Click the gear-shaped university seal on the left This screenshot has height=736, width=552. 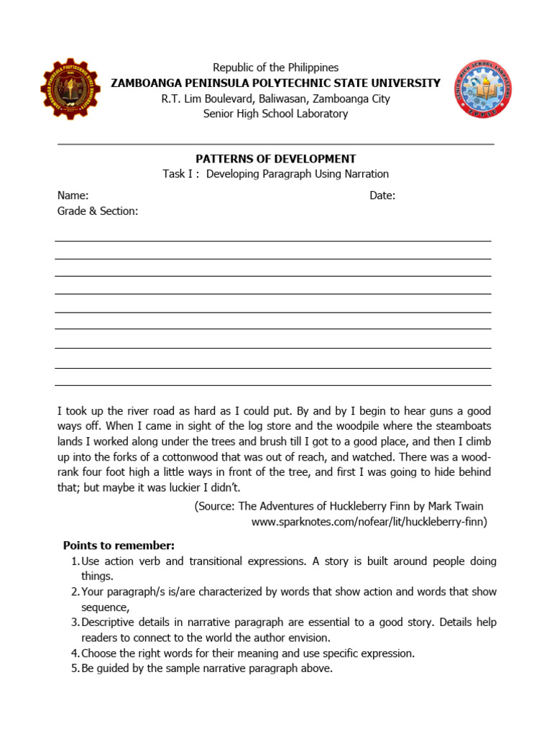click(x=70, y=89)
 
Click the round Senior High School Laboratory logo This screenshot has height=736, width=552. click(x=482, y=88)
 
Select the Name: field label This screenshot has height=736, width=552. click(x=73, y=195)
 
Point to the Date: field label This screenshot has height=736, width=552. click(x=382, y=195)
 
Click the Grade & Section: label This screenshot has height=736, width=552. click(x=97, y=211)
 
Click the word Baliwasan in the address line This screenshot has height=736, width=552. click(x=287, y=98)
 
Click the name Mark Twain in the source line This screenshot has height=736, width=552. click(x=457, y=506)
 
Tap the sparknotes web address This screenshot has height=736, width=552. click(x=369, y=522)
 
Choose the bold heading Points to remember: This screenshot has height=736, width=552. click(x=119, y=545)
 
